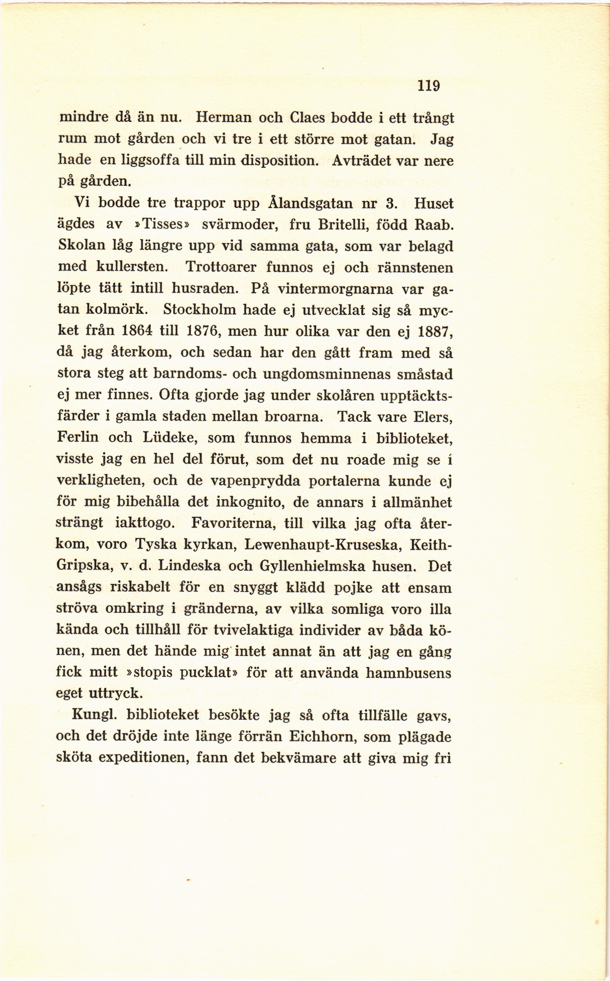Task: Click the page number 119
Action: [x=428, y=86]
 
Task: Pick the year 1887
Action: [x=434, y=331]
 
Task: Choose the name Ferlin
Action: [x=78, y=438]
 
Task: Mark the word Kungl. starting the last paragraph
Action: [x=94, y=715]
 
